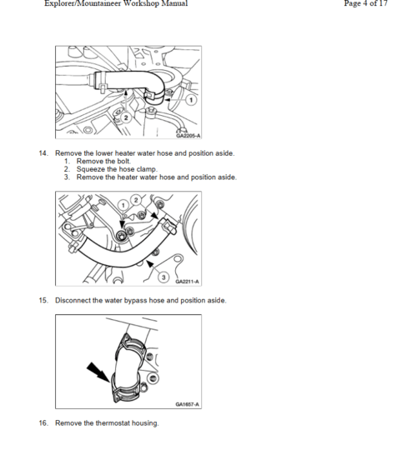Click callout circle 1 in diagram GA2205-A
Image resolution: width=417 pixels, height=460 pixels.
point(191,100)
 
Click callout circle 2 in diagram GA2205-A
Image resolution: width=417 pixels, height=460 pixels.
point(126,117)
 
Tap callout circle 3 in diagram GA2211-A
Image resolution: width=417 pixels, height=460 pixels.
point(163,277)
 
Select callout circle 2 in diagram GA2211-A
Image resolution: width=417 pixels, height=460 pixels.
point(136,200)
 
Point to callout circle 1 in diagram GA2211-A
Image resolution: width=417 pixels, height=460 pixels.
point(123,205)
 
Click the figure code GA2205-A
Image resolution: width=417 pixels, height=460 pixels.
point(188,136)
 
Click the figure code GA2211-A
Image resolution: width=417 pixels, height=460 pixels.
point(188,282)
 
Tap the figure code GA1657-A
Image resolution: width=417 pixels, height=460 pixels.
point(188,404)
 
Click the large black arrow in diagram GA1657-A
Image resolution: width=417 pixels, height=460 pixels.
point(98,372)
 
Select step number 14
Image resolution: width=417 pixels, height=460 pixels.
point(43,153)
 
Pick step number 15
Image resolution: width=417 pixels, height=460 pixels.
point(43,300)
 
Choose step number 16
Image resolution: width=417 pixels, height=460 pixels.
point(43,423)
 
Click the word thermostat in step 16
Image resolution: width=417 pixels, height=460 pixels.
point(113,423)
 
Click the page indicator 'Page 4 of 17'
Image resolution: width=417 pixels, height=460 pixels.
point(365,3)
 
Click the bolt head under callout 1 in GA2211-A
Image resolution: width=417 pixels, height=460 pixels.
point(120,235)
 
